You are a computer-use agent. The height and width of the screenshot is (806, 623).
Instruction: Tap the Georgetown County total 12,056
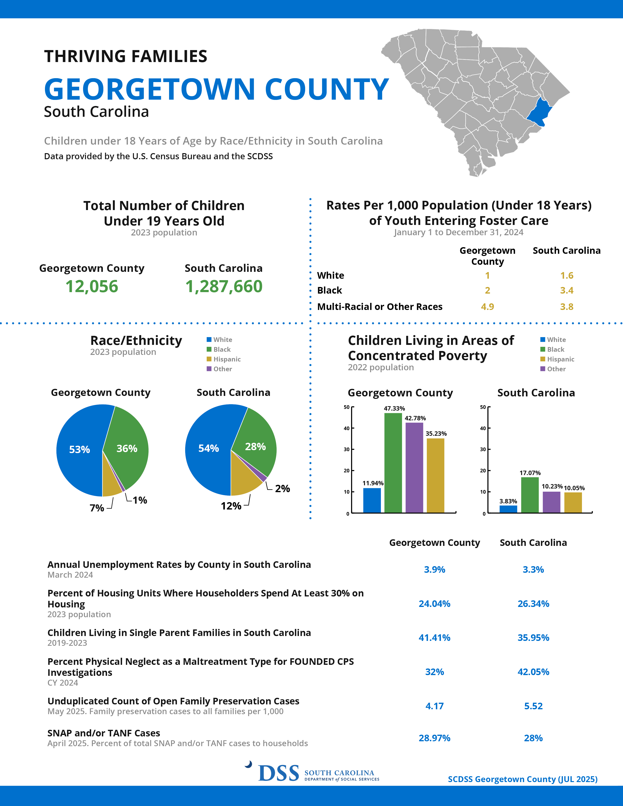pyautogui.click(x=92, y=286)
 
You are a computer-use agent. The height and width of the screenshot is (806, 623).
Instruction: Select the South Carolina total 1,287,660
pyautogui.click(x=224, y=286)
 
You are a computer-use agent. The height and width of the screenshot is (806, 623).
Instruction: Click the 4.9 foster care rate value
pyautogui.click(x=487, y=307)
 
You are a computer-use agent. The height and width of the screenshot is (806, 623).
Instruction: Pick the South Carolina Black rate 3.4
pyautogui.click(x=567, y=290)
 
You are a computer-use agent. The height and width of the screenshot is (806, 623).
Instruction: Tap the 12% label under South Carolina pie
pyautogui.click(x=231, y=506)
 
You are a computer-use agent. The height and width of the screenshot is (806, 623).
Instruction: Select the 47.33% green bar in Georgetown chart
pyautogui.click(x=393, y=463)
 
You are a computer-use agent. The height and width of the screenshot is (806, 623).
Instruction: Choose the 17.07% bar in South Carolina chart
pyautogui.click(x=530, y=495)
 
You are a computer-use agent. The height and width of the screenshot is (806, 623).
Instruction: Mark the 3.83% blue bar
pyautogui.click(x=508, y=509)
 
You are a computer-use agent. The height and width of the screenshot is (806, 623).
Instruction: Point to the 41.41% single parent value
pyautogui.click(x=434, y=638)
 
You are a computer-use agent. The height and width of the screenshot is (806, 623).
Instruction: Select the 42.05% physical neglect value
pyautogui.click(x=533, y=672)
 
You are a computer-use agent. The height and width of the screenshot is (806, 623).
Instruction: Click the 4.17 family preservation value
pyautogui.click(x=434, y=706)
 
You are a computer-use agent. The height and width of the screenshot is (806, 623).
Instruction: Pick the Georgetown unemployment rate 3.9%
pyautogui.click(x=434, y=569)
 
